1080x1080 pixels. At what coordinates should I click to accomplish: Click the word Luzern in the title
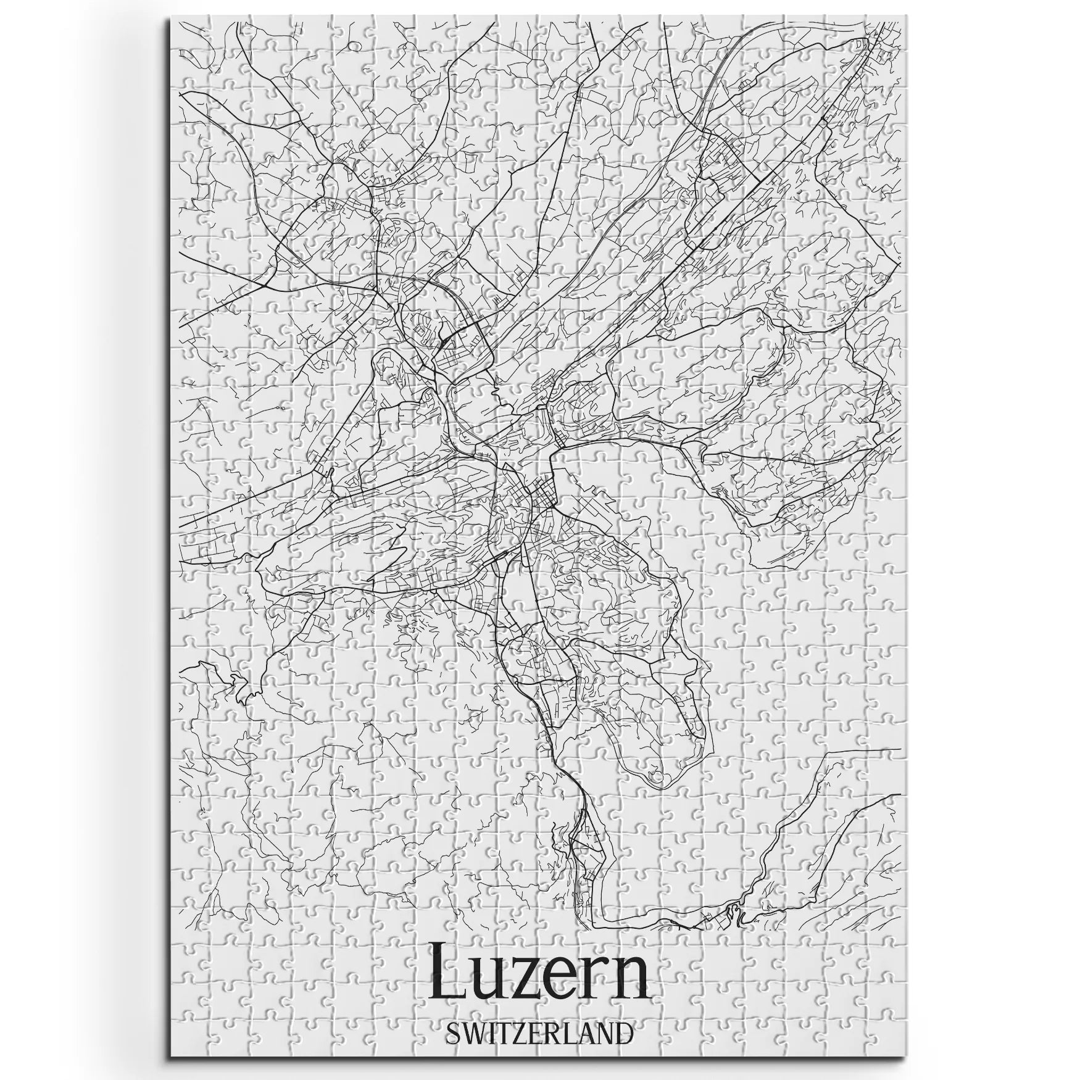539,976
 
